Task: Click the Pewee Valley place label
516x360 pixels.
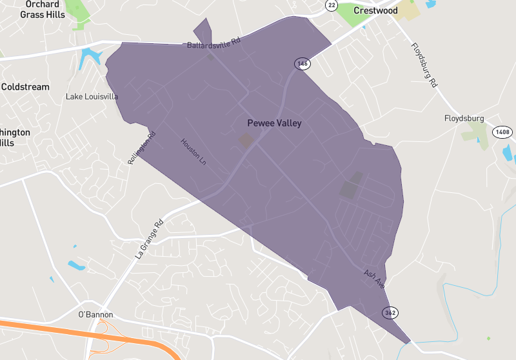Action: click(x=274, y=123)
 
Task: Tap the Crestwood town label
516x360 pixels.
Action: click(x=375, y=10)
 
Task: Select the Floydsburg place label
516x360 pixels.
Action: click(x=464, y=118)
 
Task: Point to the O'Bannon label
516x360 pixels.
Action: click(x=95, y=314)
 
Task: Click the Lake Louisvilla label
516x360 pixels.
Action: click(x=92, y=97)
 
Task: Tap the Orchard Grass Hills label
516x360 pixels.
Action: click(x=43, y=9)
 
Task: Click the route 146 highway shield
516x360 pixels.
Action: click(x=301, y=63)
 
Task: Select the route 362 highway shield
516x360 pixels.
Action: click(x=390, y=313)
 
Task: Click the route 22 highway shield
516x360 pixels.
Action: click(x=331, y=5)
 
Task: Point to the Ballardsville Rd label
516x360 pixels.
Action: click(x=213, y=45)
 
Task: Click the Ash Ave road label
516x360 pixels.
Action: click(x=373, y=279)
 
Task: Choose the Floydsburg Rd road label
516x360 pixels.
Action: click(x=424, y=65)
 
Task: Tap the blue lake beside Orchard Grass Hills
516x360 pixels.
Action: click(x=90, y=58)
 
